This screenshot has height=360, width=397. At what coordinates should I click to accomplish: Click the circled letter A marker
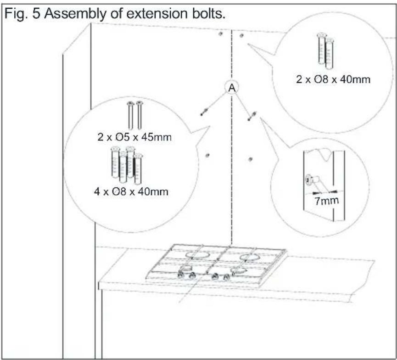tap(232, 88)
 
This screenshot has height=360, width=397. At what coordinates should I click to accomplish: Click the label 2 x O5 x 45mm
tap(134, 137)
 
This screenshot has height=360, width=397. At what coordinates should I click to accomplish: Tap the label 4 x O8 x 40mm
tap(131, 191)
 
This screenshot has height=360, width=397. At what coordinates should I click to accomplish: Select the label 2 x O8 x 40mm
tap(333, 79)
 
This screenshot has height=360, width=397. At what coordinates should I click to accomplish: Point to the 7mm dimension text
tap(326, 201)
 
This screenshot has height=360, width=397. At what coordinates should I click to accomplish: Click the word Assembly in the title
tap(74, 14)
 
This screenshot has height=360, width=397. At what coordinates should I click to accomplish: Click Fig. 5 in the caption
tap(22, 13)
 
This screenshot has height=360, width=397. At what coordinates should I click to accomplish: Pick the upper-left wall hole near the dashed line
tap(220, 34)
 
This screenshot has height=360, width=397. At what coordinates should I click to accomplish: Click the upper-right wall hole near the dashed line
tap(241, 36)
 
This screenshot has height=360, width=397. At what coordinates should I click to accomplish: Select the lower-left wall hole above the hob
tap(207, 155)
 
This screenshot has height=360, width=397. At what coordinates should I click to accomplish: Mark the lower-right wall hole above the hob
tap(251, 159)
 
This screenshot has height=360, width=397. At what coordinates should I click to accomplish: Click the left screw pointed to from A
tap(204, 112)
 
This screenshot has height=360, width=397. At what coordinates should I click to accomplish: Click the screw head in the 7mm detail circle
tap(308, 180)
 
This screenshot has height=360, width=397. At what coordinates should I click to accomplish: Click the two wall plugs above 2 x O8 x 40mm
tap(325, 51)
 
